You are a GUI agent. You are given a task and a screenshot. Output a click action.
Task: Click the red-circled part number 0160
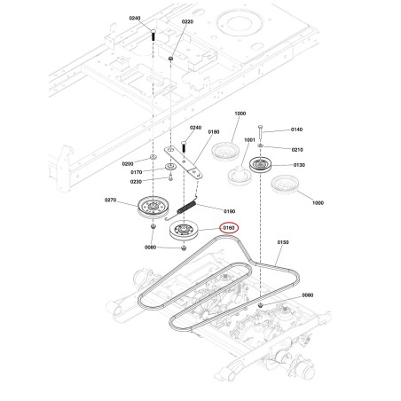(x=229, y=228)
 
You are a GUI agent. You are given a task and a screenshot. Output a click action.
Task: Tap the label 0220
(x=187, y=21)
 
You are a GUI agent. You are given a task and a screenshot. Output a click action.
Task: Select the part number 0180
(x=214, y=131)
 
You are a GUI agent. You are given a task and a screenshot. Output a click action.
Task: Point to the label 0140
(x=296, y=130)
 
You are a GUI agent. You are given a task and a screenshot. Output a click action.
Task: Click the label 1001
(x=249, y=140)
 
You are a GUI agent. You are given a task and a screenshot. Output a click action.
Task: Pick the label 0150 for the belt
(x=283, y=242)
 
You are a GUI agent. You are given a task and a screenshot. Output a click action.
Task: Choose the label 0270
(x=110, y=200)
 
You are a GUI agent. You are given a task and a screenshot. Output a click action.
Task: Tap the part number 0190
(x=230, y=211)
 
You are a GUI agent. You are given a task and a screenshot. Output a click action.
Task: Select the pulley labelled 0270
(x=153, y=207)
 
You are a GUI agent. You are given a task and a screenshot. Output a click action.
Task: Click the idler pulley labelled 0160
(x=184, y=230)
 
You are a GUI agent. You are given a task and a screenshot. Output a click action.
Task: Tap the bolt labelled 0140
(x=260, y=133)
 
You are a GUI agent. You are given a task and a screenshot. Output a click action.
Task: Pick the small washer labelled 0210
(x=260, y=145)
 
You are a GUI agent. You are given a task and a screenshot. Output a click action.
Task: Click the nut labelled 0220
(x=170, y=59)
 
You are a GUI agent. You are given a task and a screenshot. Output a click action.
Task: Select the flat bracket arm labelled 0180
(x=184, y=162)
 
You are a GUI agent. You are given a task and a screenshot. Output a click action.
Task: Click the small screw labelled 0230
(x=170, y=178)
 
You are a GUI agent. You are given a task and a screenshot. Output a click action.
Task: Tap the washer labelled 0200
(x=153, y=156)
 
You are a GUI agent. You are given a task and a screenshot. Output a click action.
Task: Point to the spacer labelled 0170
(x=170, y=166)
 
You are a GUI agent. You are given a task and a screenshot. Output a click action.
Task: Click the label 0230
(x=136, y=182)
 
